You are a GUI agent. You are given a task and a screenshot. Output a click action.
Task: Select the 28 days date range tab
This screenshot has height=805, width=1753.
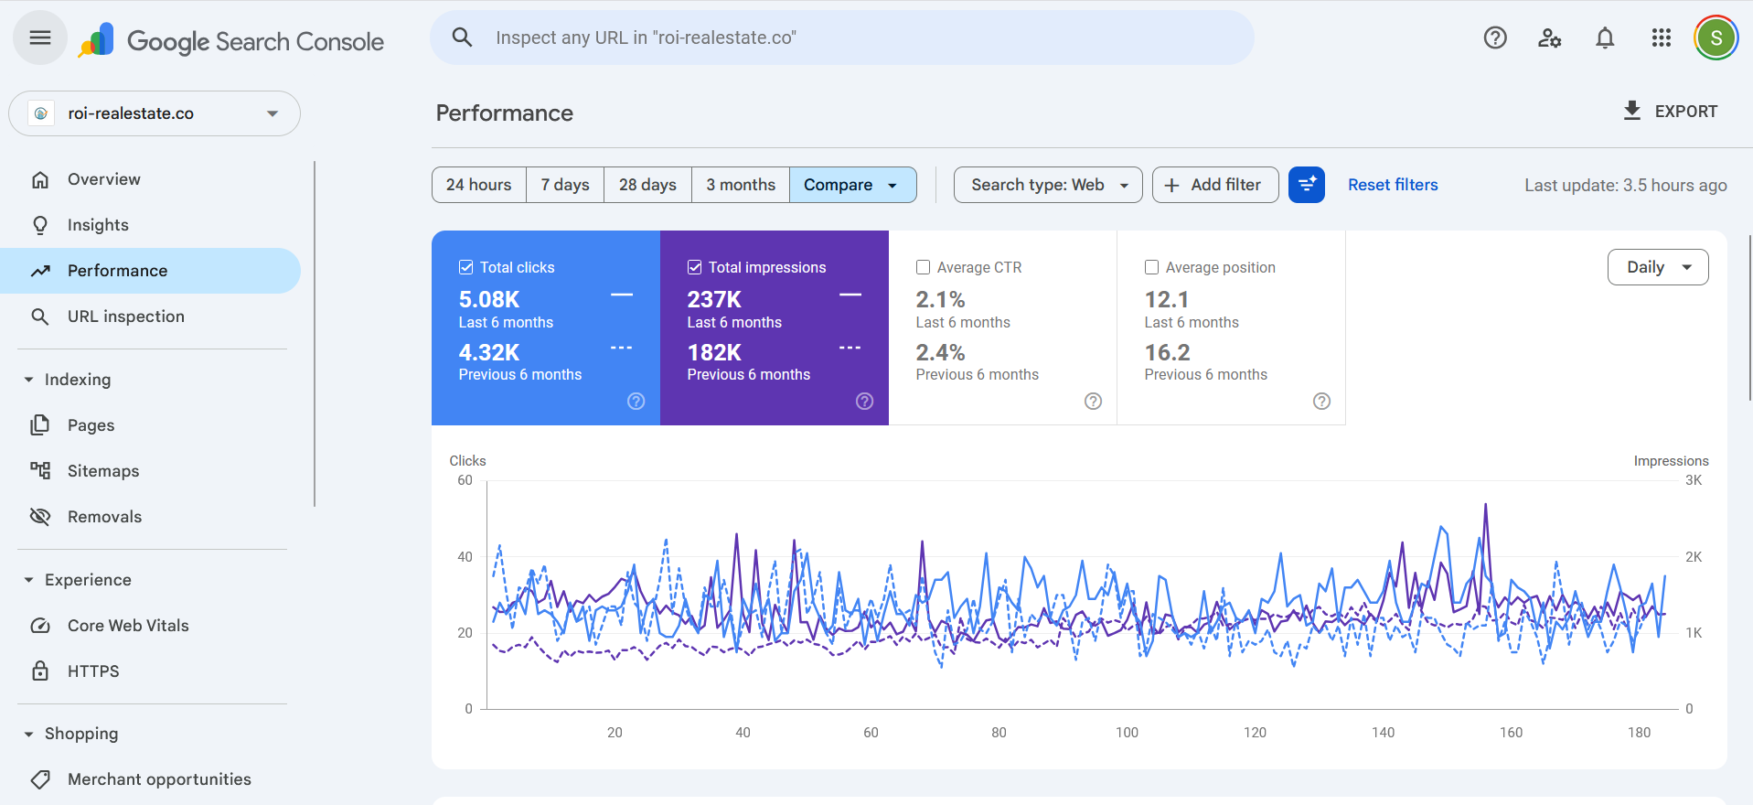pyautogui.click(x=647, y=185)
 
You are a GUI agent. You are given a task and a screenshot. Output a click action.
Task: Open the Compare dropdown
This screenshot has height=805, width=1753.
pyautogui.click(x=852, y=185)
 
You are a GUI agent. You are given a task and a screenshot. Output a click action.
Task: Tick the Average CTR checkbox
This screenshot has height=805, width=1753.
pyautogui.click(x=924, y=267)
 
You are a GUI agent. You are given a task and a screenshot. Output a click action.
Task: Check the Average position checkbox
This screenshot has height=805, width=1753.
pyautogui.click(x=1152, y=267)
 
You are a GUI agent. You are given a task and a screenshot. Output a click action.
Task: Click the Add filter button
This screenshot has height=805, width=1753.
pyautogui.click(x=1214, y=185)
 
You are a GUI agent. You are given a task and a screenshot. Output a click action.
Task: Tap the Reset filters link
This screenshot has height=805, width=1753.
pyautogui.click(x=1392, y=185)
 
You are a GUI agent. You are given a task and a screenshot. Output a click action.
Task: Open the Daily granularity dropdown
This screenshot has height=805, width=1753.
pyautogui.click(x=1657, y=267)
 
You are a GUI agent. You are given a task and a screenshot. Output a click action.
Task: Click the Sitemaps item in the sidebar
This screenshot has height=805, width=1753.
pyautogui.click(x=103, y=471)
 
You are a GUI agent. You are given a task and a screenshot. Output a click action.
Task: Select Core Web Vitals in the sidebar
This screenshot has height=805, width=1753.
pyautogui.click(x=128, y=626)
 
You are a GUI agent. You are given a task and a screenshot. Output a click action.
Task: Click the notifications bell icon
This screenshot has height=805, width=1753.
pyautogui.click(x=1604, y=38)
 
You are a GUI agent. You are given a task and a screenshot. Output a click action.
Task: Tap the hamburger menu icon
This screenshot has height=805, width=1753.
pyautogui.click(x=39, y=38)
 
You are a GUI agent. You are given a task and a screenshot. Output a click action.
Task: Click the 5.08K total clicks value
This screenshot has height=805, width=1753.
pyautogui.click(x=489, y=299)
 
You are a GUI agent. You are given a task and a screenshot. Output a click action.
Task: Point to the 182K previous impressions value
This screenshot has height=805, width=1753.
pyautogui.click(x=714, y=352)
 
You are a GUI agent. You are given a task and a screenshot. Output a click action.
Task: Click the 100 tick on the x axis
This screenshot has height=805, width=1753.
pyautogui.click(x=1127, y=733)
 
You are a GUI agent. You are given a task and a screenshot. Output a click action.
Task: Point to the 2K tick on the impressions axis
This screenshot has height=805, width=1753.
pyautogui.click(x=1693, y=557)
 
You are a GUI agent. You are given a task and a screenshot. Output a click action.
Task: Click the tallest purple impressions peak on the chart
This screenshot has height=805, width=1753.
pyautogui.click(x=1485, y=505)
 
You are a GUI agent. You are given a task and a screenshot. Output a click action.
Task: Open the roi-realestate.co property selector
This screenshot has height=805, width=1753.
pyautogui.click(x=155, y=113)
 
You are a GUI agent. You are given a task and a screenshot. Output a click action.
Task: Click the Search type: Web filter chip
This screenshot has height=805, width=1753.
pyautogui.click(x=1047, y=185)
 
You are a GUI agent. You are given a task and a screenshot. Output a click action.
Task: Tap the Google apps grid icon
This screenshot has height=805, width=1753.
pyautogui.click(x=1661, y=38)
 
